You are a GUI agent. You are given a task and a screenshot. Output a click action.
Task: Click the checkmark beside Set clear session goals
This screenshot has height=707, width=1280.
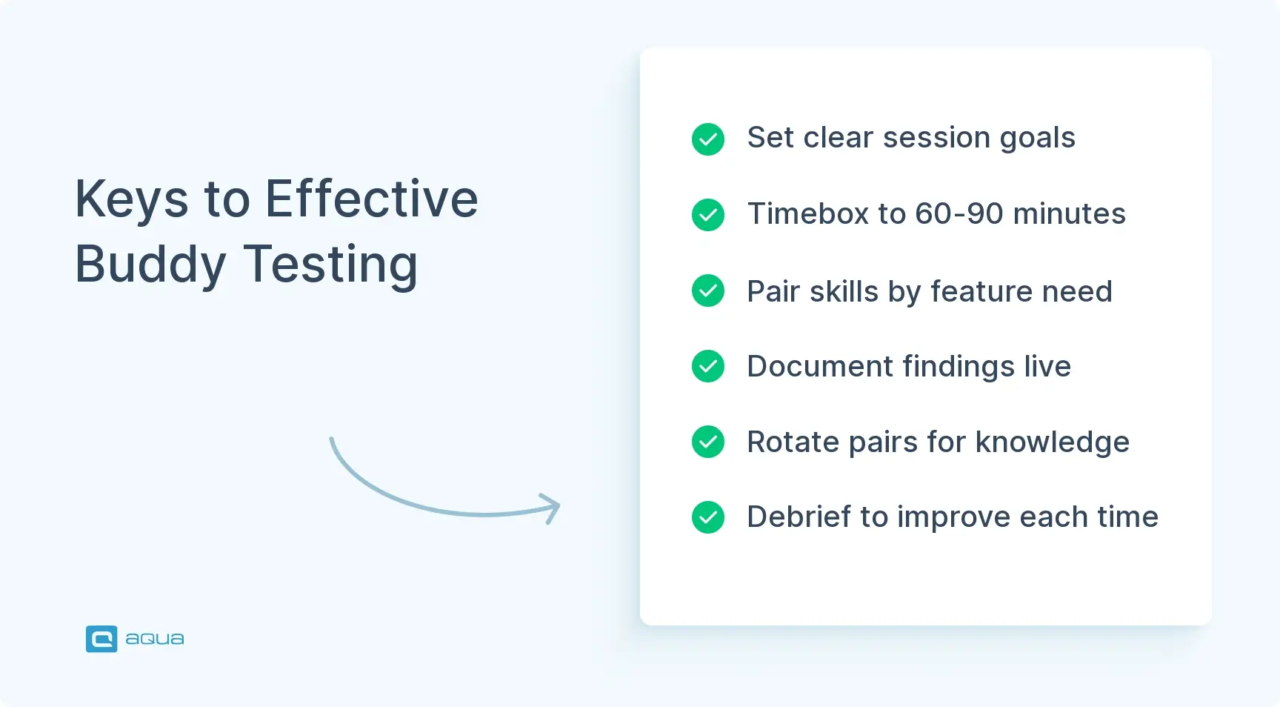click(708, 139)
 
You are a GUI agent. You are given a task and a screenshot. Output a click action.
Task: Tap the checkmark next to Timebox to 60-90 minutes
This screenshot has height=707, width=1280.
click(708, 215)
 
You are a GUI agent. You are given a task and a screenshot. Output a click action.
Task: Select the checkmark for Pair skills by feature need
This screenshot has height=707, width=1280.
click(708, 291)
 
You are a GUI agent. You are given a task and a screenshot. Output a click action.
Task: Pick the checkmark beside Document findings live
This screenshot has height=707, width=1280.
click(708, 366)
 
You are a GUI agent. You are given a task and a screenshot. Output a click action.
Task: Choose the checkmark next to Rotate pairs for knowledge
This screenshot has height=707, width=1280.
click(708, 442)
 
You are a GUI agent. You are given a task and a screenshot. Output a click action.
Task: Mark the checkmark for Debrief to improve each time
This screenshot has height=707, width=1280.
click(708, 517)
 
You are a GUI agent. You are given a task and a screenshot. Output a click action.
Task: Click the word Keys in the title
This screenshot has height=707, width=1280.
click(132, 200)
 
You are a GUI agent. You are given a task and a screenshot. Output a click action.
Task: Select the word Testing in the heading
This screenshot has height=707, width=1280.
click(331, 265)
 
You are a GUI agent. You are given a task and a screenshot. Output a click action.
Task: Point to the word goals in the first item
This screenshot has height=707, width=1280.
click(1037, 139)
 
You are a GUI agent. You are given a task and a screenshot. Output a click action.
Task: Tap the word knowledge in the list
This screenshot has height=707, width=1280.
click(1053, 442)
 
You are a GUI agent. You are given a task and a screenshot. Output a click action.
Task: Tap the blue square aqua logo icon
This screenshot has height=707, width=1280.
click(101, 639)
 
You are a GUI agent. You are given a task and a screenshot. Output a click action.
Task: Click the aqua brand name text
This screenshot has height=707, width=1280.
click(155, 639)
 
